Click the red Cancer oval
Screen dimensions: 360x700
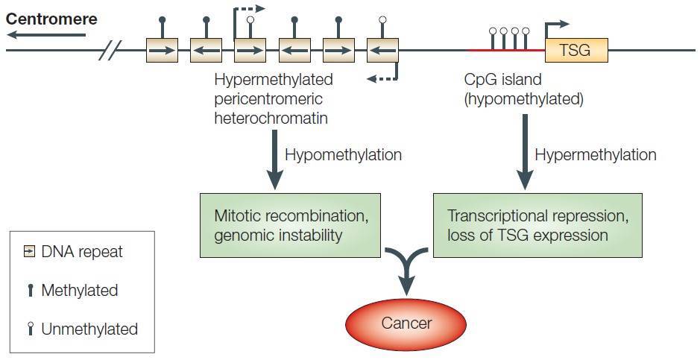[x=406, y=323]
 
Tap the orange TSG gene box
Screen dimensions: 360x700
[x=577, y=51]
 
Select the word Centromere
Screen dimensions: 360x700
[x=51, y=19]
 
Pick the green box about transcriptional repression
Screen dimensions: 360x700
[x=537, y=225]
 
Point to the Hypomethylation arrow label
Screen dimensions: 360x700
[x=344, y=155]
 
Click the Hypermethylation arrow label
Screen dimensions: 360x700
[x=596, y=155]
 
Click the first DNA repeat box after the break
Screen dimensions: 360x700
[x=162, y=51]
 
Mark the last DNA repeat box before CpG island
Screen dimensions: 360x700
[x=383, y=51]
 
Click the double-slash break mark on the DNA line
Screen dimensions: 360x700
[x=110, y=51]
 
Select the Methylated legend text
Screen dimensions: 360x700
[x=79, y=290]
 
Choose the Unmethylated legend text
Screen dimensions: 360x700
[x=89, y=329]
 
